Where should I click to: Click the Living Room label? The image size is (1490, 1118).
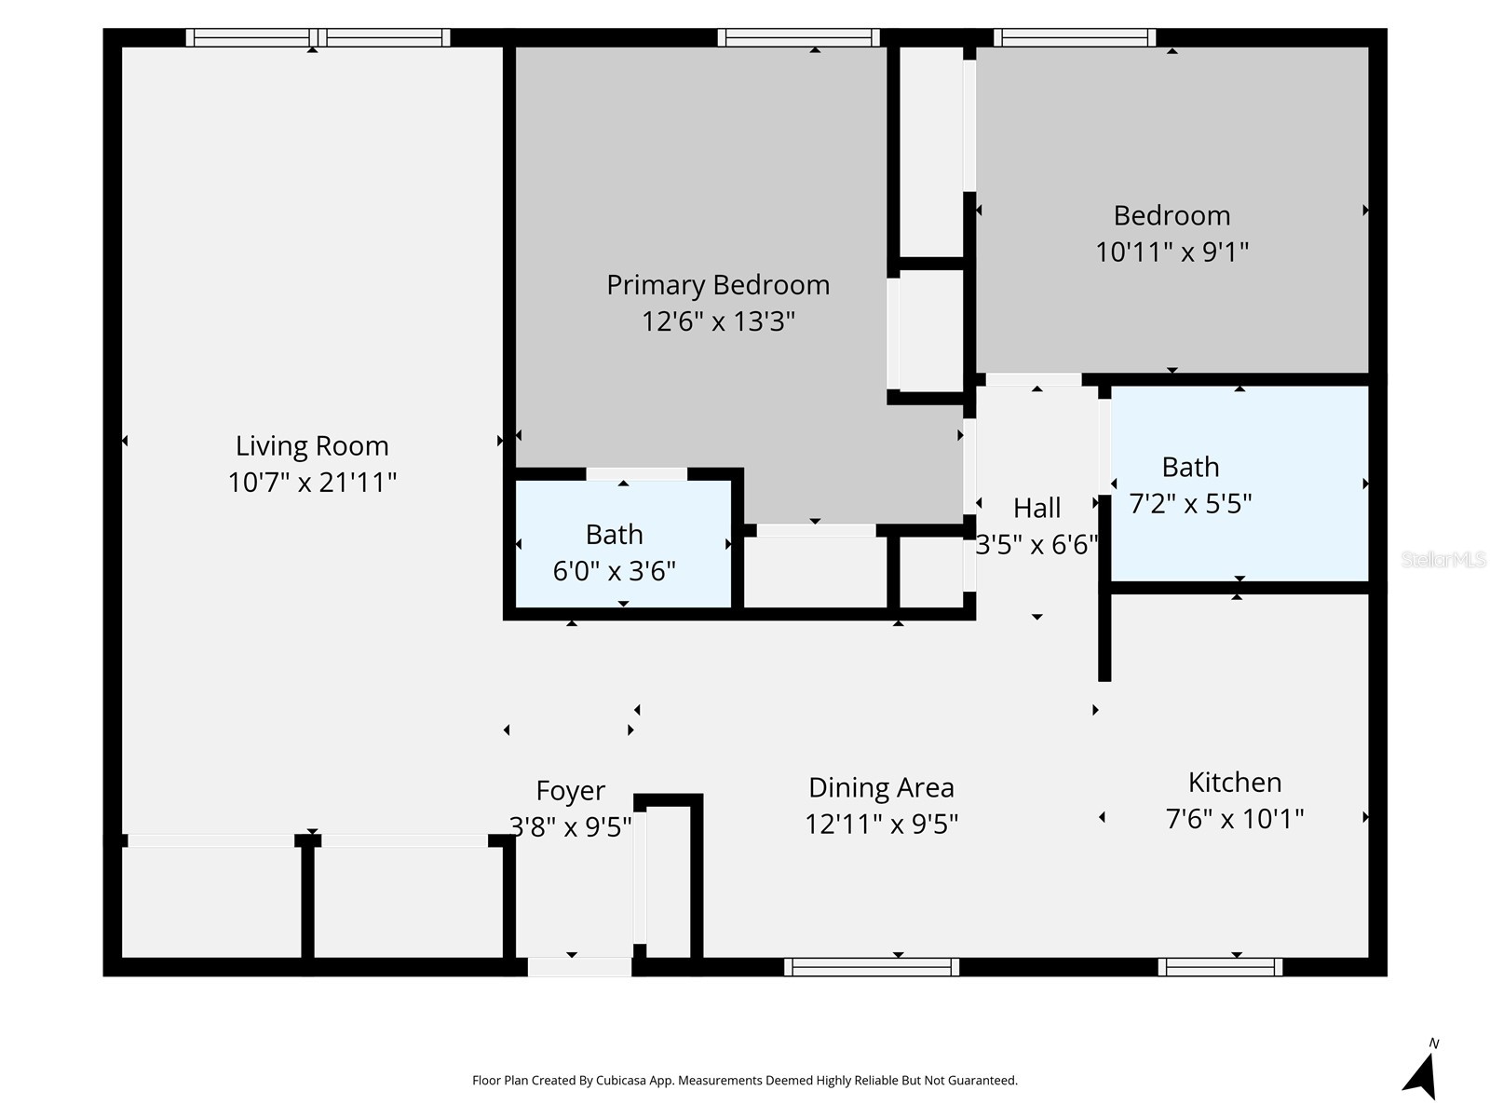312,446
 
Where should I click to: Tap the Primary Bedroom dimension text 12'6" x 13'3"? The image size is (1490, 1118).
718,321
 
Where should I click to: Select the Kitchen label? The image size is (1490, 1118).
1235,782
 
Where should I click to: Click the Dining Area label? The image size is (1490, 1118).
881,788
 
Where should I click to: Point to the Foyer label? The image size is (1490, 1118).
570,791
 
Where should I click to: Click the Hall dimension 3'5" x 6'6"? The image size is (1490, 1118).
1036,544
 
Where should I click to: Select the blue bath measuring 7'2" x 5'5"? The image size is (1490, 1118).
1239,484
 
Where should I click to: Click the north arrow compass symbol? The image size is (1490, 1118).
1421,1073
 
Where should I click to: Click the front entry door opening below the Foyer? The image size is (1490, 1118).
579,967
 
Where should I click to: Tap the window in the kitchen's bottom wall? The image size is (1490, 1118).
1220,967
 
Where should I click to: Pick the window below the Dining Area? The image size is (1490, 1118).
872,967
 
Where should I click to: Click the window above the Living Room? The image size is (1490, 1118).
318,38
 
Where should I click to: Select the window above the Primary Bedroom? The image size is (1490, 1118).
798,38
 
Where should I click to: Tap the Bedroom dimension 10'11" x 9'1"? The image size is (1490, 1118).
1172,252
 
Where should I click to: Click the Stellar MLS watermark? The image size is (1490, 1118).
1443,559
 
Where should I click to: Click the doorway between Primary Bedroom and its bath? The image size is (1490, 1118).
637,474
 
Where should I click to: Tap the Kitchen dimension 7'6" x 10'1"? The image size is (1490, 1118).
1235,819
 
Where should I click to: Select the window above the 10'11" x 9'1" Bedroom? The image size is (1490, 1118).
1075,38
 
